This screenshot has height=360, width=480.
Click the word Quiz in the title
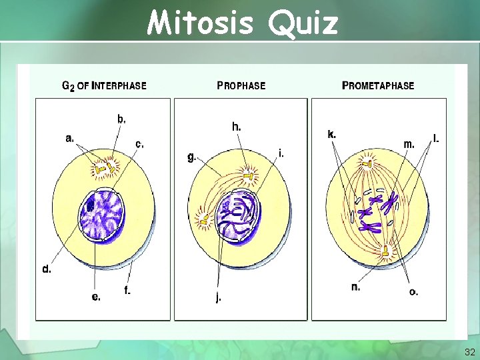(305, 23)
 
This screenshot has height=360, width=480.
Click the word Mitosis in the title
(200, 23)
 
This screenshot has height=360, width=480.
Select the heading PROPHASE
(241, 85)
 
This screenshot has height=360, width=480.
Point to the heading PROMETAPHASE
(378, 85)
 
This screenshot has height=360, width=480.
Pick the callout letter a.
(69, 139)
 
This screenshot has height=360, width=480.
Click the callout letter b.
(121, 119)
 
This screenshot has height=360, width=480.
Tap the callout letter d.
(47, 269)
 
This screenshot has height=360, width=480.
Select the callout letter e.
(96, 297)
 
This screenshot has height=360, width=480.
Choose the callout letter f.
(127, 290)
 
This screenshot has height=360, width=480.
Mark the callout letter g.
(191, 157)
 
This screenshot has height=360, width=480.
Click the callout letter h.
(237, 126)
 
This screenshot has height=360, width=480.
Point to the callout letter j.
(218, 298)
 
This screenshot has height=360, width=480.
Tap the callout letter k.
(331, 134)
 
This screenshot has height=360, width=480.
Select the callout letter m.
(409, 143)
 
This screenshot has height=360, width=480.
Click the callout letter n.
(355, 287)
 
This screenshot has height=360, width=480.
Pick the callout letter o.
(413, 292)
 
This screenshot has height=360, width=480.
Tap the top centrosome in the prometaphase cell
(367, 163)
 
